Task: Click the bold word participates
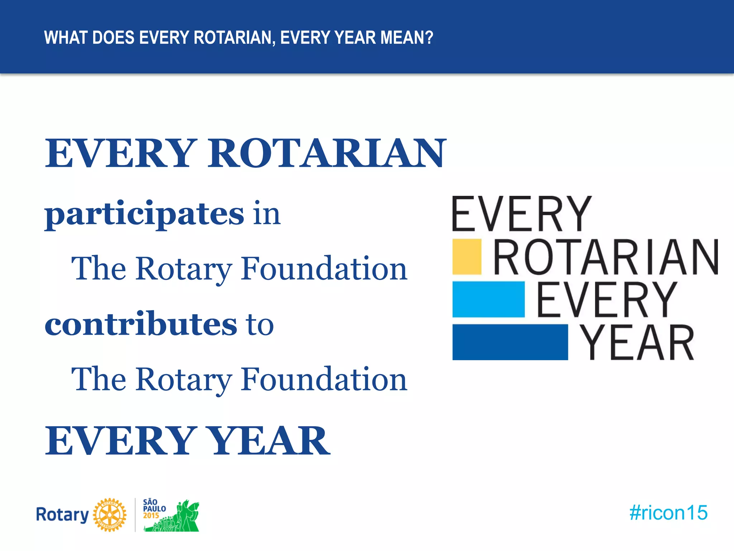144,214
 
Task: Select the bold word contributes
140,324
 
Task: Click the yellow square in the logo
467,256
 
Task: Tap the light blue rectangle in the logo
488,299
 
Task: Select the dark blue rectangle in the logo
510,342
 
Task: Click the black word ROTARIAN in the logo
606,257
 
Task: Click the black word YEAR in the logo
637,343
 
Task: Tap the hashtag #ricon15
668,513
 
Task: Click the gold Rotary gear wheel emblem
110,515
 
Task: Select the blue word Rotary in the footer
62,515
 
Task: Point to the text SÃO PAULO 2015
154,508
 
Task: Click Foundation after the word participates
324,268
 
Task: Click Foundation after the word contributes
324,379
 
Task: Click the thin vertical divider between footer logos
135,515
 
